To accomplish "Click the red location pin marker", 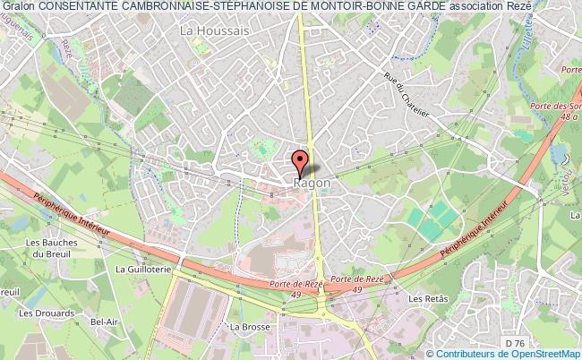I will (x=300, y=161).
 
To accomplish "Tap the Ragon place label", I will (x=312, y=183).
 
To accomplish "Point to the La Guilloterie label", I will (x=141, y=267).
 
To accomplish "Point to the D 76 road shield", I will (x=512, y=342).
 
